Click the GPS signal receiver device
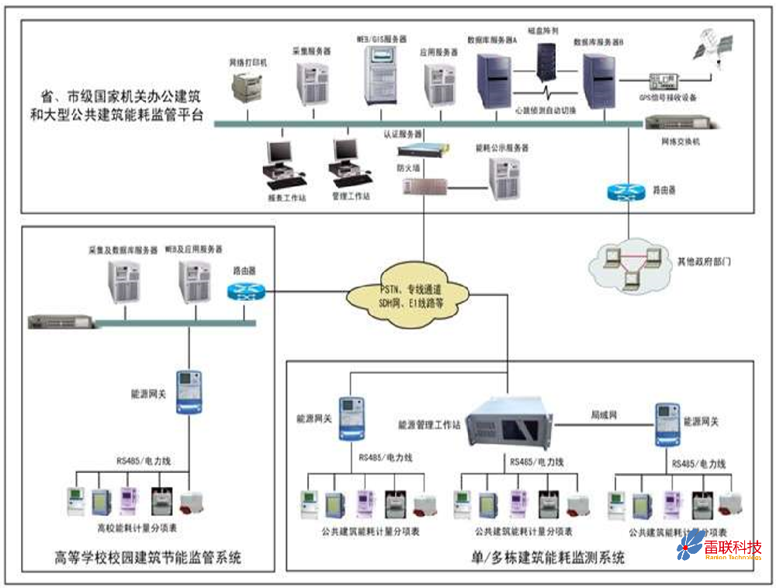pos(665,80)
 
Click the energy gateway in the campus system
pos(187,391)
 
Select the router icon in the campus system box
pos(246,292)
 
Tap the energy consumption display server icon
pos(504,179)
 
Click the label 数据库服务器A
pos(491,39)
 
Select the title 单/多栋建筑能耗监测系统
pos(548,558)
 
